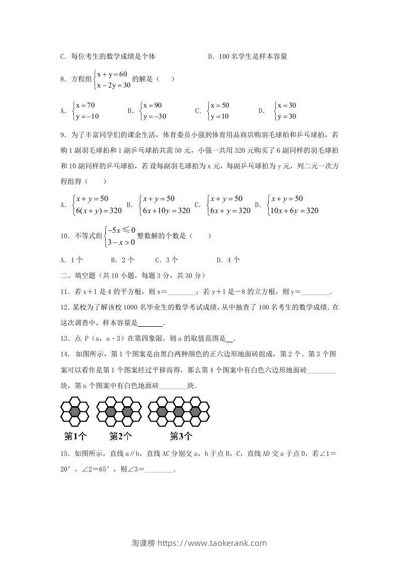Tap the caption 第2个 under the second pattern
pyautogui.click(x=121, y=436)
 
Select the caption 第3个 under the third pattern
pyautogui.click(x=181, y=436)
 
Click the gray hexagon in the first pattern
pyautogui.click(x=74, y=412)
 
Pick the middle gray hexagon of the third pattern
pyautogui.click(x=178, y=412)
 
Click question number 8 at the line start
pyautogui.click(x=63, y=79)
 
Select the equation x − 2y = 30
pyautogui.click(x=114, y=85)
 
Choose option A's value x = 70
pyautogui.click(x=85, y=106)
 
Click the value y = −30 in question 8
pyautogui.click(x=154, y=117)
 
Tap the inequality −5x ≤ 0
pyautogui.click(x=121, y=230)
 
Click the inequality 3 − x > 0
pyautogui.click(x=121, y=242)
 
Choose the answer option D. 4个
pyautogui.click(x=228, y=260)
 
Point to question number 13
pyautogui.click(x=63, y=338)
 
